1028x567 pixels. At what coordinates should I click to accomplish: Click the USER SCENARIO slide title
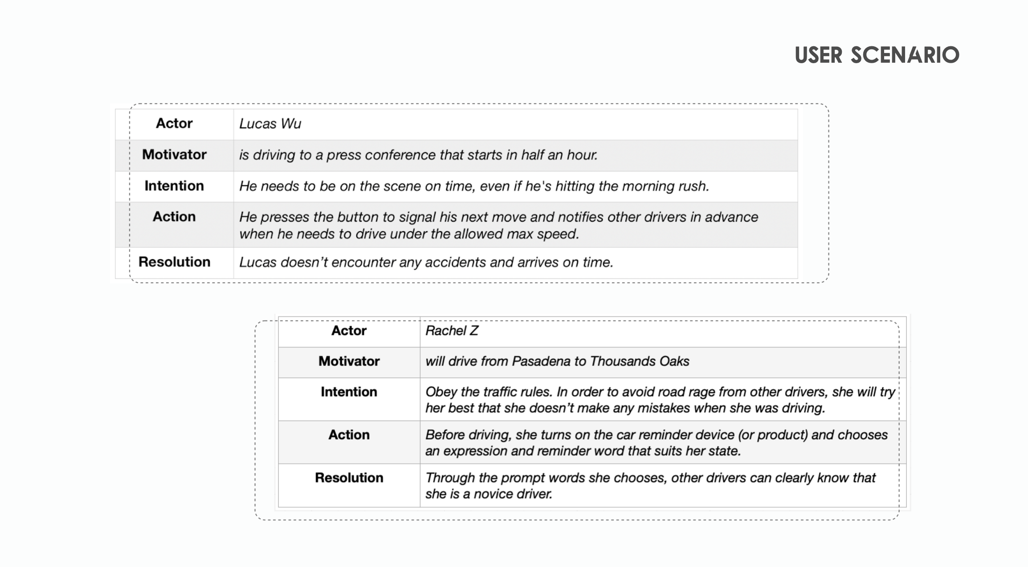coord(877,55)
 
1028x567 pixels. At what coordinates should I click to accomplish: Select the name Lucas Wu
coord(270,124)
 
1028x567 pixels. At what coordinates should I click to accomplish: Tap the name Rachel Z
coord(452,331)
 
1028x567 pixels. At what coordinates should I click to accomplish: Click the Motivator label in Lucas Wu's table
coord(174,154)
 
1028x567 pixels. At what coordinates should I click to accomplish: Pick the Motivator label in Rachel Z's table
coord(349,361)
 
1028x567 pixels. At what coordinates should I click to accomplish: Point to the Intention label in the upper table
coord(174,186)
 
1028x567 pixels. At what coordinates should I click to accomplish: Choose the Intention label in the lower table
coord(349,392)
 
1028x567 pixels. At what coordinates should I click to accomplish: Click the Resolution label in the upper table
coord(174,262)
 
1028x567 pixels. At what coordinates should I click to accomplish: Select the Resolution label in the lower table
coord(349,478)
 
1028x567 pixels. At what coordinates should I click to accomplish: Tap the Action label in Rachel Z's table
coord(349,434)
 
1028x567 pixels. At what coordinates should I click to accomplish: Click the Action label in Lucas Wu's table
coord(174,216)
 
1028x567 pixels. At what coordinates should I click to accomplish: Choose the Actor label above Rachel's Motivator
coord(349,331)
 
